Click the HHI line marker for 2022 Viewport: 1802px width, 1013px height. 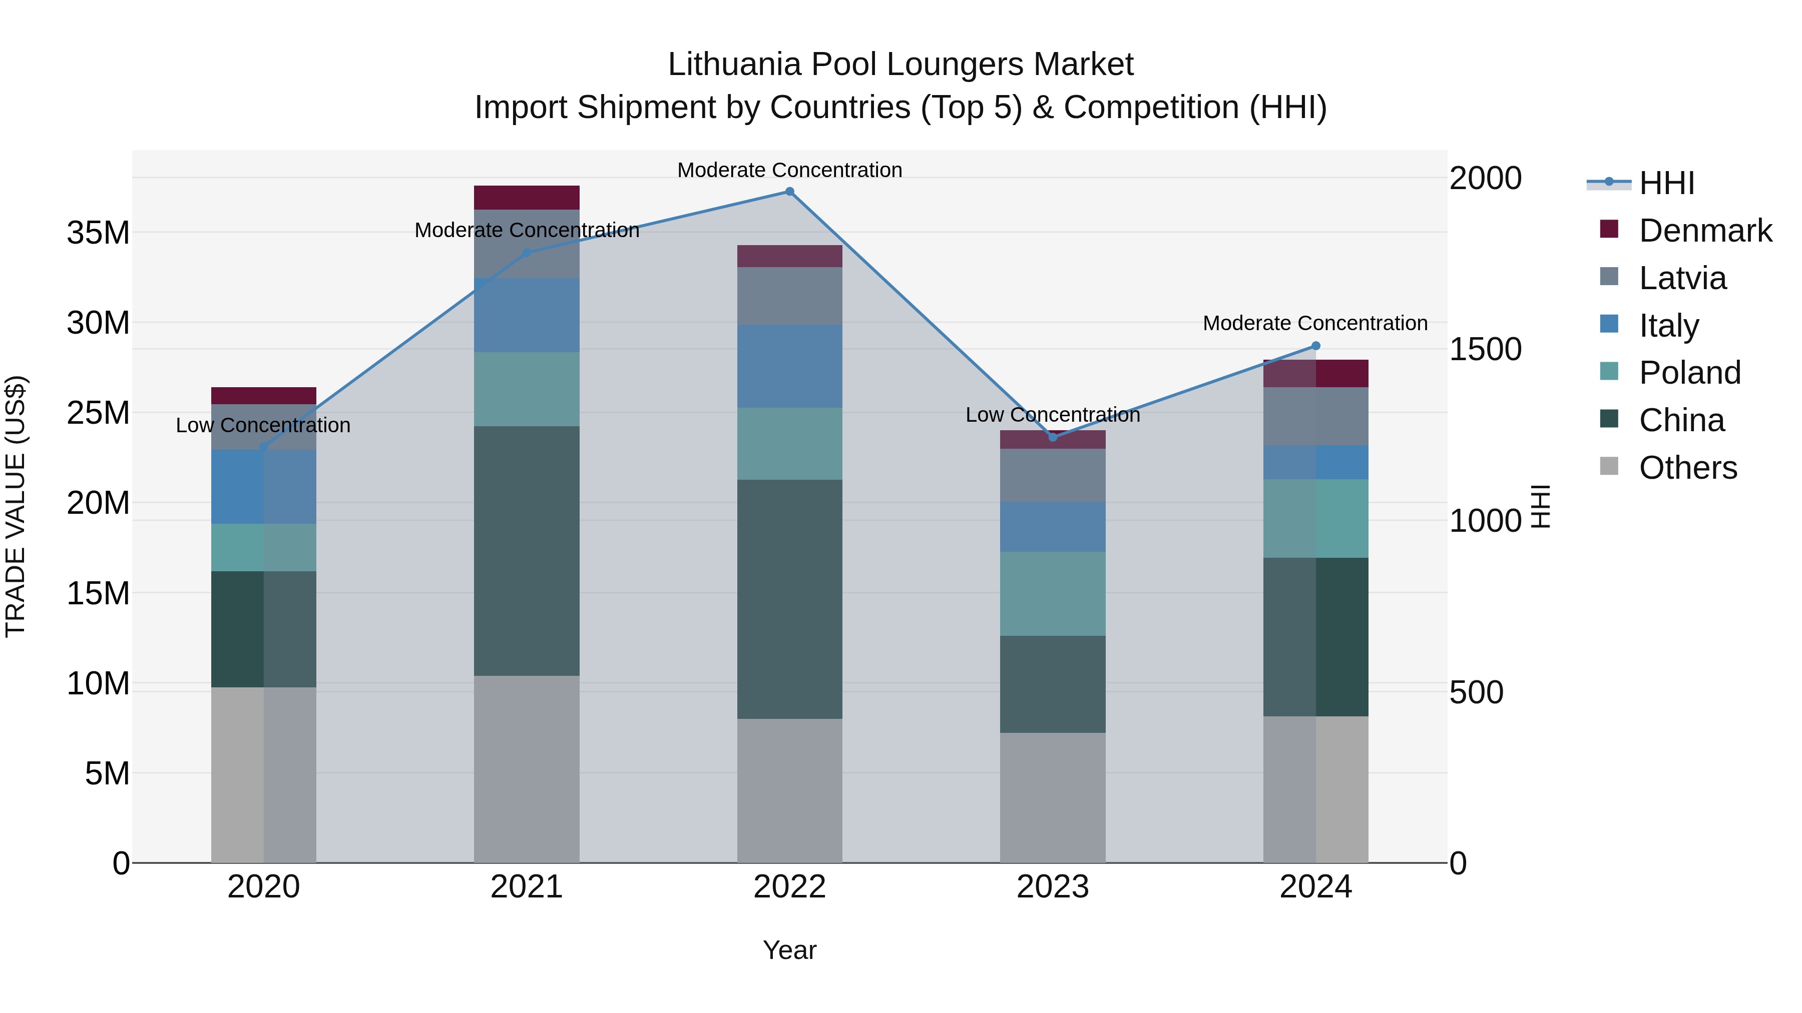[790, 192]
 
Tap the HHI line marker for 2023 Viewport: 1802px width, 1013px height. [1053, 437]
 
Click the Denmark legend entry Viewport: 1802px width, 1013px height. [1705, 231]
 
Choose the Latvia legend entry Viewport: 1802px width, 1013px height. [1682, 278]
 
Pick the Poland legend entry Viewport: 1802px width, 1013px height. [1689, 373]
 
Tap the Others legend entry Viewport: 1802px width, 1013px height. [1687, 468]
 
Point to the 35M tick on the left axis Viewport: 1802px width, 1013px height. [99, 233]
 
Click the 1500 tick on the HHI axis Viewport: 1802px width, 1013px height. [1485, 350]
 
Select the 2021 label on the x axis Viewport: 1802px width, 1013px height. [527, 887]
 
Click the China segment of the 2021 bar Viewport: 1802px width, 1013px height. [527, 551]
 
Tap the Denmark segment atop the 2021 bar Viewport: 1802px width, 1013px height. [527, 198]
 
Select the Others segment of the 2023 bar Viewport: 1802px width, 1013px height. [1053, 798]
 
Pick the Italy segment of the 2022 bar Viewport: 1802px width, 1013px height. [790, 366]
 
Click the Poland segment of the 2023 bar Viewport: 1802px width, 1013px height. [1053, 593]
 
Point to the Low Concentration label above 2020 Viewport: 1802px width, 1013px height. [263, 425]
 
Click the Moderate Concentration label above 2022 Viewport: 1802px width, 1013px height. [790, 170]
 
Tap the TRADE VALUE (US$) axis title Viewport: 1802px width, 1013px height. [16, 506]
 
